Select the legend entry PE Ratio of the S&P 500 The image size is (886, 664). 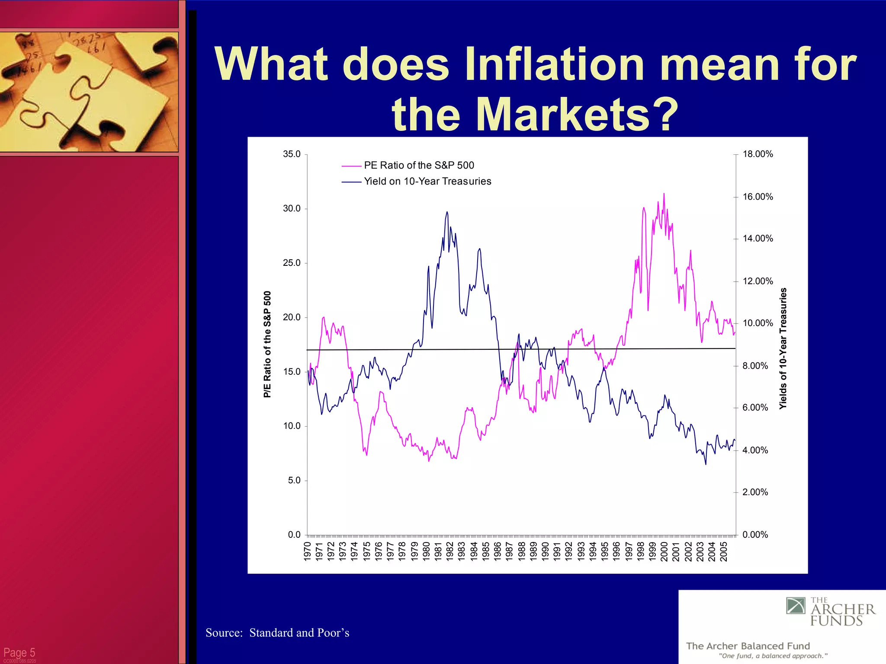tap(419, 166)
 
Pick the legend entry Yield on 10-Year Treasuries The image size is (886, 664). tap(427, 182)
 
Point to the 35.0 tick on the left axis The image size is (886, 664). tap(292, 154)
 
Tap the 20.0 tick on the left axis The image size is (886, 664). tap(292, 317)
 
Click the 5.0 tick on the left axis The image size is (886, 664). tap(294, 480)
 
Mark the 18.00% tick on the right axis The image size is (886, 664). tap(758, 154)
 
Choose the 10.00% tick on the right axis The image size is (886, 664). tap(758, 323)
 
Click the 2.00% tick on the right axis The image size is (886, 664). tap(755, 492)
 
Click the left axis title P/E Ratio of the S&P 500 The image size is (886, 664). tap(267, 344)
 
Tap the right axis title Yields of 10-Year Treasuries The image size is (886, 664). tap(783, 348)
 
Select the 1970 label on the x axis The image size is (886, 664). tap(308, 551)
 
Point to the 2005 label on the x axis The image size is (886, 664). tap(723, 551)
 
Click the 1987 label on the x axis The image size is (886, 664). tap(509, 551)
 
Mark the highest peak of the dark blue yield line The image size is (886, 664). tap(447, 212)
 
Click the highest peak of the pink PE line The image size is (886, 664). tap(664, 194)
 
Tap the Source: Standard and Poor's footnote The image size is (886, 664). tap(277, 633)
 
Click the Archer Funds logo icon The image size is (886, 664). tap(796, 606)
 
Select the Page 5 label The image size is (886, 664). tap(19, 652)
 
